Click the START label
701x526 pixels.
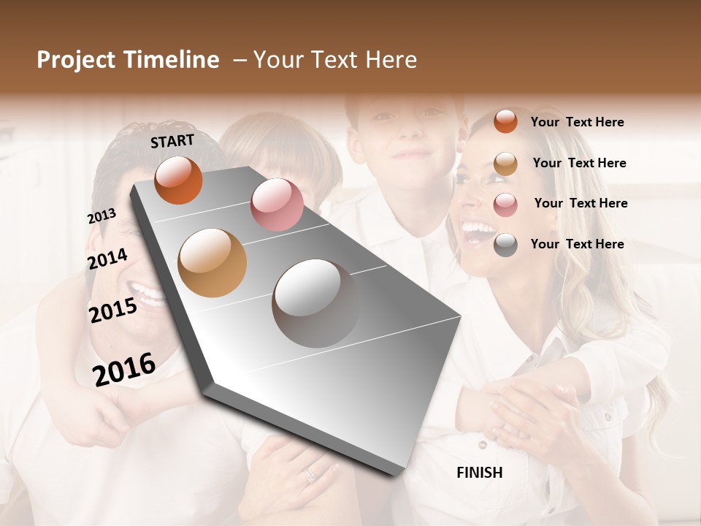pos(172,141)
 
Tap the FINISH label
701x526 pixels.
pos(480,473)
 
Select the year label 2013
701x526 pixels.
pos(101,216)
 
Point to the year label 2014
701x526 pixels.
pos(107,259)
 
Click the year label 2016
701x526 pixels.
pos(124,369)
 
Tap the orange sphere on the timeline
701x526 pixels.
pos(178,180)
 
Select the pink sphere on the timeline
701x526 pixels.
pos(277,205)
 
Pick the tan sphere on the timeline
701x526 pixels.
pos(212,263)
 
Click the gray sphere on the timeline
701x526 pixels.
pos(315,303)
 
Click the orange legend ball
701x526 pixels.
pos(505,122)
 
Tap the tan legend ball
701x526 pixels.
pos(505,164)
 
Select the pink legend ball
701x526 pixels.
pos(505,204)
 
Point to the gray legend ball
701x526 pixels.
pos(505,245)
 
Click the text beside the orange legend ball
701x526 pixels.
pos(577,122)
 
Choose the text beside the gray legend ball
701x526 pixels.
pos(577,244)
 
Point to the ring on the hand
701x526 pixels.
pos(310,475)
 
